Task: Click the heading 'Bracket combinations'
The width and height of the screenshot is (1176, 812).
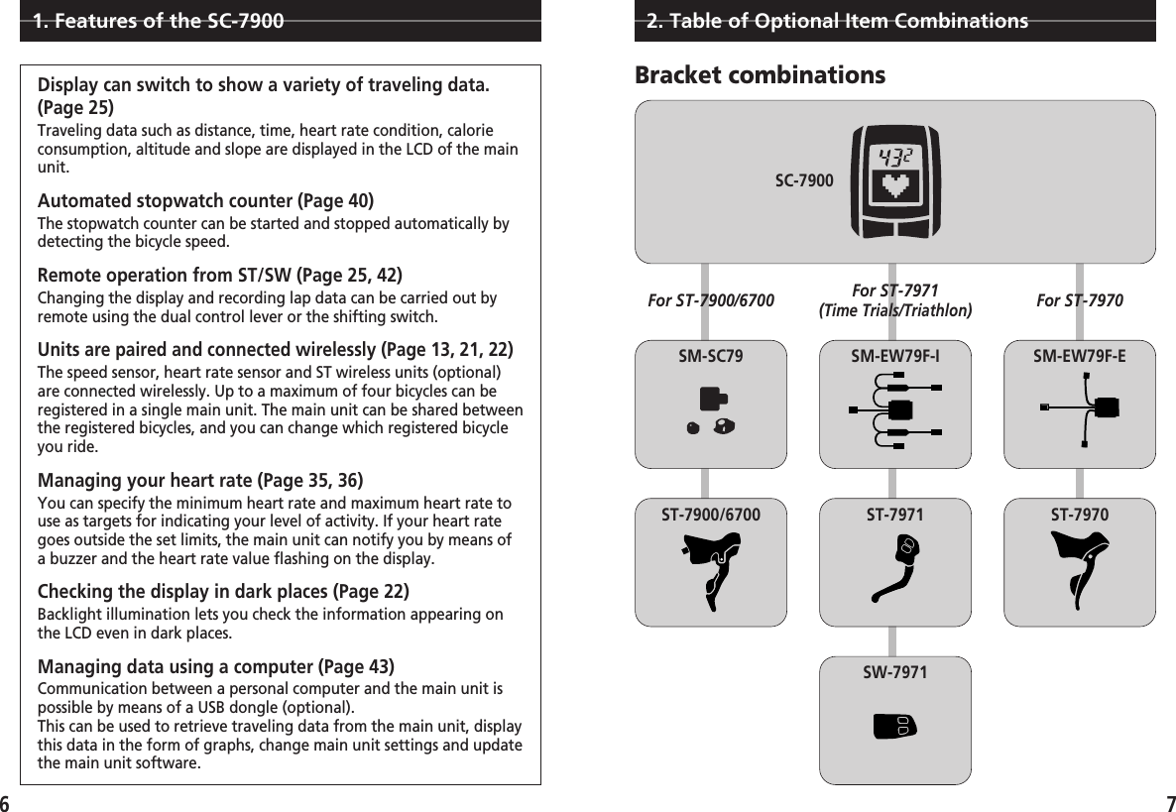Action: click(760, 75)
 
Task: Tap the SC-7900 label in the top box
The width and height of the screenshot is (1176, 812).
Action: click(803, 181)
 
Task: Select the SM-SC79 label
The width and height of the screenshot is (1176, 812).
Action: click(710, 355)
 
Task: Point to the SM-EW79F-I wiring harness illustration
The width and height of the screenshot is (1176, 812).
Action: click(895, 409)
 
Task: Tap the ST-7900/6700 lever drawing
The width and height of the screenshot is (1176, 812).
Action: click(711, 570)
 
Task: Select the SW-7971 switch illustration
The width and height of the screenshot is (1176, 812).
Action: click(894, 726)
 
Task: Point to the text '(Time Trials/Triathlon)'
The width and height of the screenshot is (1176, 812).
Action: click(895, 310)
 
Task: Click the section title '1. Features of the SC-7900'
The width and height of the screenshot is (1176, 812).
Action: click(157, 21)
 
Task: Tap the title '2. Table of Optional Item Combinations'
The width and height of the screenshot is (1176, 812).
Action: click(836, 21)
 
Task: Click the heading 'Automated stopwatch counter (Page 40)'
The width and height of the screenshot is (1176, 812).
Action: click(205, 202)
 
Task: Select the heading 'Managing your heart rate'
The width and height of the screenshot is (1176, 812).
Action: click(145, 481)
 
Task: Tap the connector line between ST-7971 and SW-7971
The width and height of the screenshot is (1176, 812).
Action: click(894, 640)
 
